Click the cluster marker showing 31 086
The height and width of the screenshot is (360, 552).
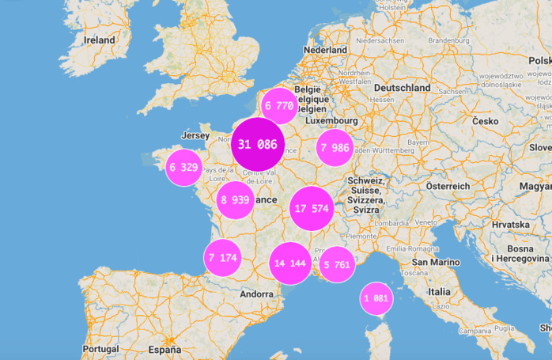(257, 144)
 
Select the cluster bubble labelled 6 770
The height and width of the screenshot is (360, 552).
(279, 105)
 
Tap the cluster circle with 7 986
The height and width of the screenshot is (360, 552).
(335, 148)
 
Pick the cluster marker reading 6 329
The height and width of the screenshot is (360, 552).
(183, 167)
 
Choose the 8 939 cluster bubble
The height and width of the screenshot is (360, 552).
(236, 199)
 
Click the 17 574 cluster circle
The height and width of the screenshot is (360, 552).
(311, 209)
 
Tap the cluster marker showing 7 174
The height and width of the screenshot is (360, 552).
(222, 258)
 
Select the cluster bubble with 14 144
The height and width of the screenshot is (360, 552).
(289, 263)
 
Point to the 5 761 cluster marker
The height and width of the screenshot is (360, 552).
(336, 264)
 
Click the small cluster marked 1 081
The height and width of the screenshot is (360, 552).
(376, 298)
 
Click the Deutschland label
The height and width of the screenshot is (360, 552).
(402, 88)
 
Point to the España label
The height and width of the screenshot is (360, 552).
(164, 349)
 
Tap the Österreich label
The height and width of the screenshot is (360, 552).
(448, 185)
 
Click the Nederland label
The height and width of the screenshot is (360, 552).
(325, 50)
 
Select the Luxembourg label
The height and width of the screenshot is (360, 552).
(333, 122)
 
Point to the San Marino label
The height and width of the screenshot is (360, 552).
(429, 262)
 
